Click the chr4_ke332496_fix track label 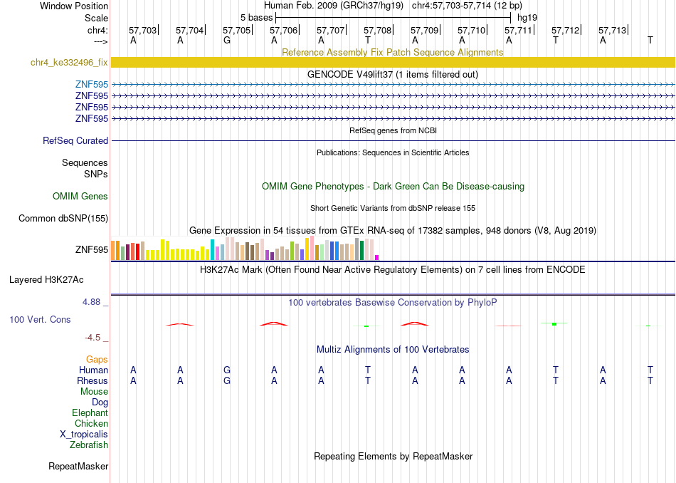point(69,62)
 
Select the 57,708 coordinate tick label point(377,30)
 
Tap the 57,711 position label point(518,30)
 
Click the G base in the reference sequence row point(227,40)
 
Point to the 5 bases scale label point(256,18)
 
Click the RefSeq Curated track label point(75,141)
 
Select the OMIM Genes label point(80,196)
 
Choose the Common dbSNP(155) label point(63,219)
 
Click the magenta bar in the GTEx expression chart point(377,257)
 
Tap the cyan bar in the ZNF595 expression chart point(212,249)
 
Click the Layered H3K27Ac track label point(46,280)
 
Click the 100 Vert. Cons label point(40,319)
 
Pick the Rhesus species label point(93,380)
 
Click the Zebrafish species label point(89,445)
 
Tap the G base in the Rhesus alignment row point(227,380)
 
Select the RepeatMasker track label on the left point(78,466)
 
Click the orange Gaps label point(97,360)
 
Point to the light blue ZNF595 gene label point(92,84)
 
